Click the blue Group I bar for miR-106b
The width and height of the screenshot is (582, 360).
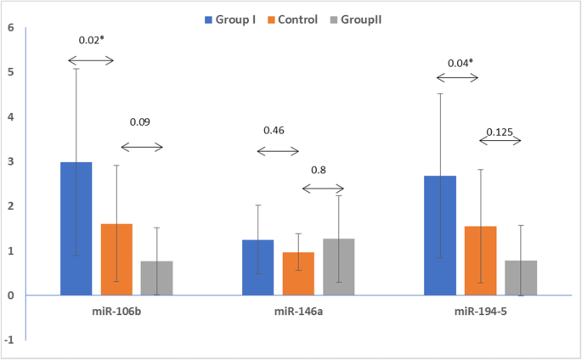click(76, 228)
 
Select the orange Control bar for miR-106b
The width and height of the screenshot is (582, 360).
click(117, 260)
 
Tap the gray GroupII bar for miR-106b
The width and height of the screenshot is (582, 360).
click(157, 278)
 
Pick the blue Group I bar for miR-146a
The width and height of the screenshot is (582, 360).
click(258, 267)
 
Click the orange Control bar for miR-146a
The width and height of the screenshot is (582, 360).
click(299, 273)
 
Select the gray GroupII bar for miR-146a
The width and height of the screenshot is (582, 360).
click(339, 267)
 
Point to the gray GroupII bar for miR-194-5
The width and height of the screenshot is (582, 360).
click(521, 278)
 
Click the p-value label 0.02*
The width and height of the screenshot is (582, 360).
click(93, 41)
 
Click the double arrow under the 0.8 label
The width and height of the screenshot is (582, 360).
click(324, 188)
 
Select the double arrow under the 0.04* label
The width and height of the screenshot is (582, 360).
click(457, 79)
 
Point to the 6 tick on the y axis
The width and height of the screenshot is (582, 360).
click(11, 27)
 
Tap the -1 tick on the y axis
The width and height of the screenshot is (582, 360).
click(9, 340)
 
